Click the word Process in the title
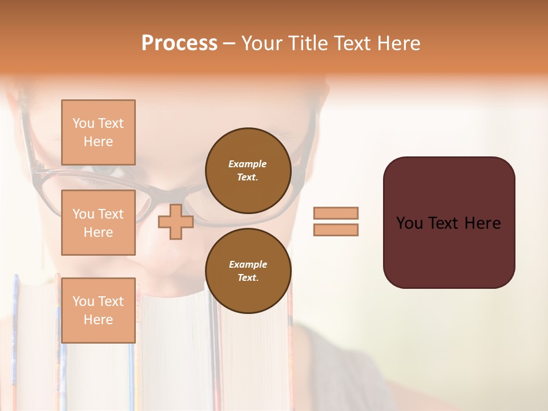tap(179, 43)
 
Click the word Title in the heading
tap(306, 43)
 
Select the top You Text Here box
tap(98, 132)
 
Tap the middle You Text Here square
tap(98, 223)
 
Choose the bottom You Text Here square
tap(98, 310)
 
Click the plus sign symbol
tap(176, 221)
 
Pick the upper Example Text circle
tap(248, 170)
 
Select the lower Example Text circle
tap(248, 271)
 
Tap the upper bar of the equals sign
tap(336, 213)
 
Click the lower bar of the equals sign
tap(336, 229)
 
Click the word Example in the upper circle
tap(248, 164)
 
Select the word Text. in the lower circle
tap(248, 277)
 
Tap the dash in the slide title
tap(229, 43)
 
